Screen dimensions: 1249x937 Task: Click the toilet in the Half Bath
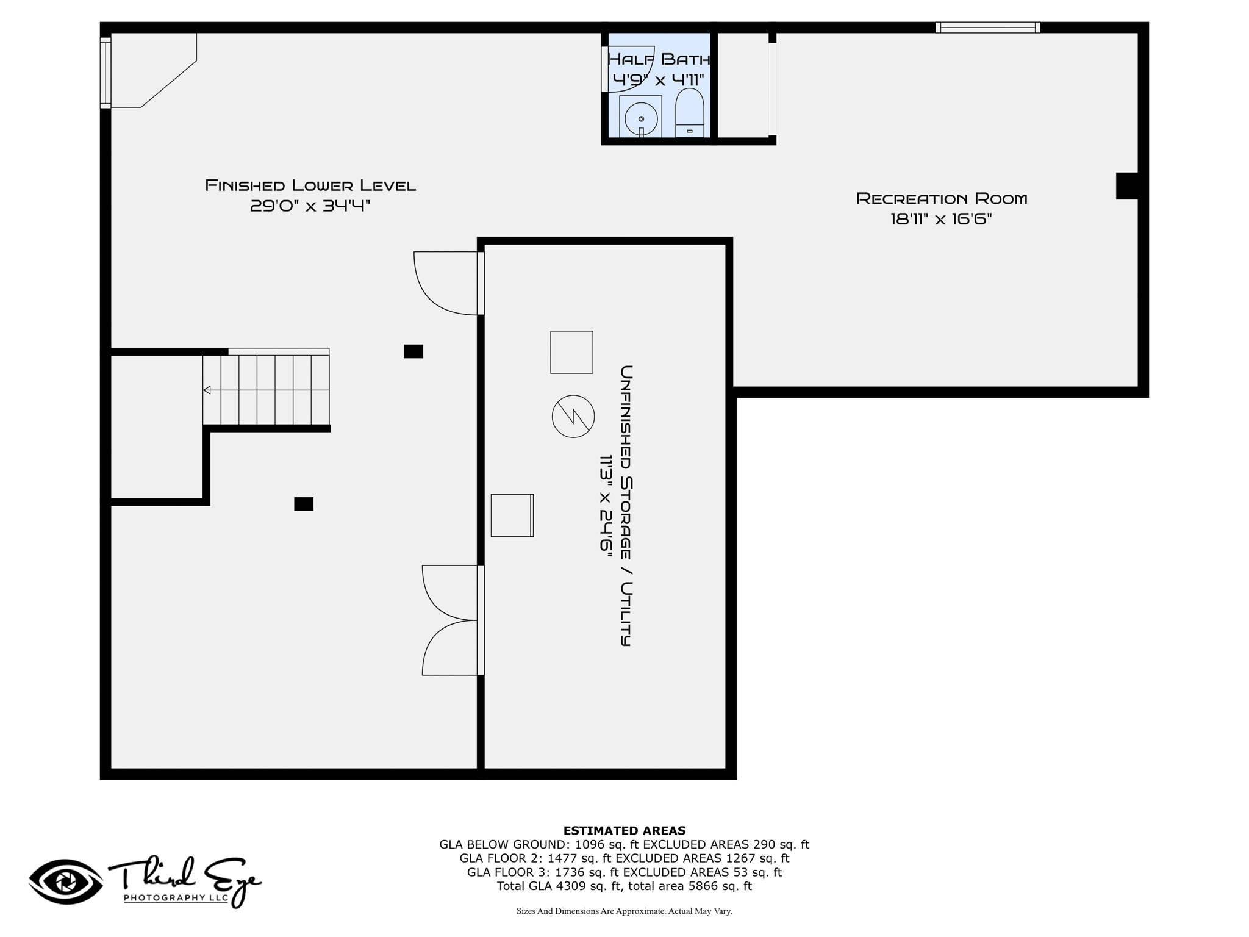690,113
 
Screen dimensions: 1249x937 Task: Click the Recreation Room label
942,198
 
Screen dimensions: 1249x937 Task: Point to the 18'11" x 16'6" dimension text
941,219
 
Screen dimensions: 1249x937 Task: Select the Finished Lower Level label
310,185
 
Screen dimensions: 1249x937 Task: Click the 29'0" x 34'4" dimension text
310,206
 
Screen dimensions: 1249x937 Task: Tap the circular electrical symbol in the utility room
573,416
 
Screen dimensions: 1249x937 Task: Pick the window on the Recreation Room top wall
988,27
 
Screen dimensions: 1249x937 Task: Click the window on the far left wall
106,73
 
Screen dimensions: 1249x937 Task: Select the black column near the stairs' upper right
413,351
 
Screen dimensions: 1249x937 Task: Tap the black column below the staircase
304,504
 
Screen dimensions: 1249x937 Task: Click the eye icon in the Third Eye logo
66,881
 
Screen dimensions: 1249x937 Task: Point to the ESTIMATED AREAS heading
624,830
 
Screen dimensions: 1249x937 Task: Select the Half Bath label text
659,59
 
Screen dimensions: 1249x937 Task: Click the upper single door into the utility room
449,283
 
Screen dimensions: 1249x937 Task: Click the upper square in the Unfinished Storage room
571,352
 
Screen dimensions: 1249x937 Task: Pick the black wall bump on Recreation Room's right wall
1127,186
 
